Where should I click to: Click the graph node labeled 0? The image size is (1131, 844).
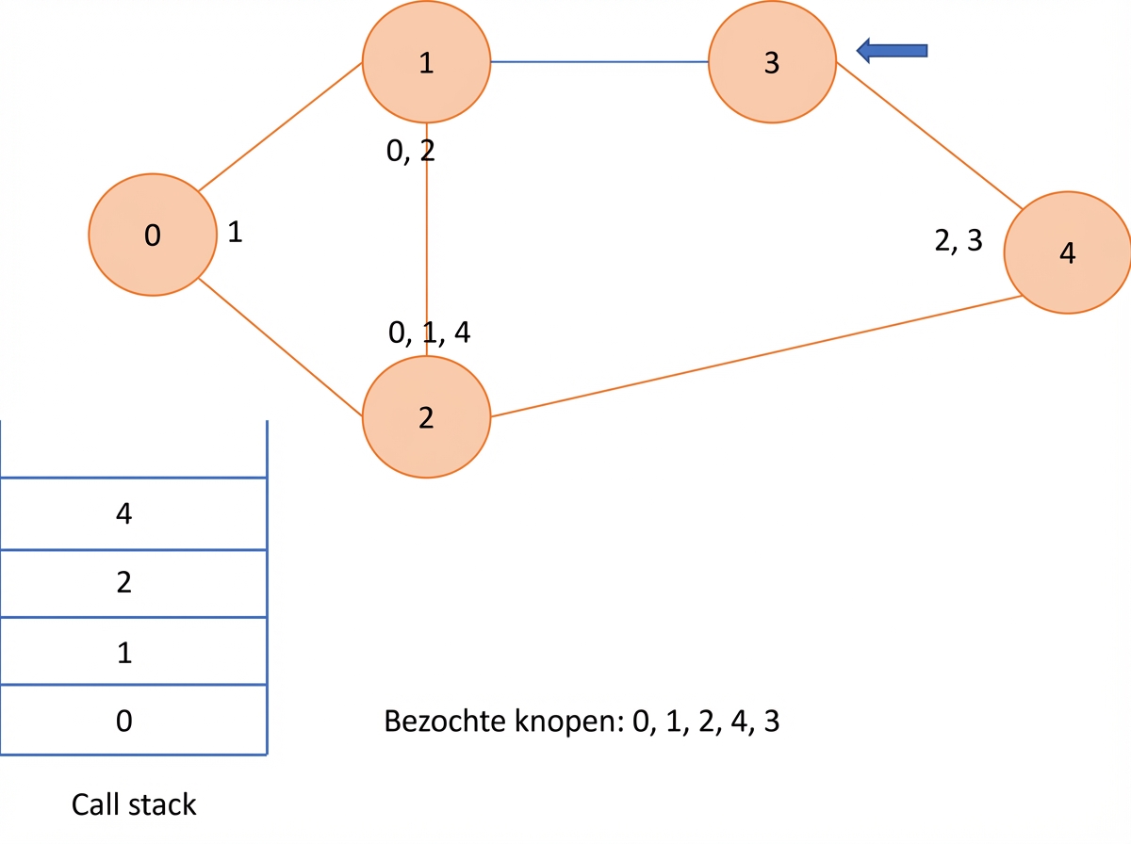pyautogui.click(x=153, y=235)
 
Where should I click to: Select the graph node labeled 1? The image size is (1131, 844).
pyautogui.click(x=426, y=62)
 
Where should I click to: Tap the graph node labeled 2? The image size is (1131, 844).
pyautogui.click(x=426, y=417)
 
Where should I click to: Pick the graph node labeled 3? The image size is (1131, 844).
pyautogui.click(x=772, y=62)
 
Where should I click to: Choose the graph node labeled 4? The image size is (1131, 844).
pyautogui.click(x=1068, y=252)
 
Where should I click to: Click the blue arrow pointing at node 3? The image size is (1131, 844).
pyautogui.click(x=892, y=51)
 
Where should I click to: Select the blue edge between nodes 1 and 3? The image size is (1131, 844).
pyautogui.click(x=599, y=62)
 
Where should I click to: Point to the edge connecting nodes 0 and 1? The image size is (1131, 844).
pyautogui.click(x=280, y=127)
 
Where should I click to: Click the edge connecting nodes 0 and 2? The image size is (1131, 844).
pyautogui.click(x=280, y=347)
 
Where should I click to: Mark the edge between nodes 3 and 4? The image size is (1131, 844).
pyautogui.click(x=929, y=136)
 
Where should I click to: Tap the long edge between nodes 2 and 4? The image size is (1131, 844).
pyautogui.click(x=757, y=356)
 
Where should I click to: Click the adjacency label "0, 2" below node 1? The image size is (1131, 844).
pyautogui.click(x=411, y=152)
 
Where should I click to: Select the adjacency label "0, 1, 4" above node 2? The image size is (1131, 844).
pyautogui.click(x=429, y=333)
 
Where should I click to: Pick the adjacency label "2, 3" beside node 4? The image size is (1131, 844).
pyautogui.click(x=959, y=240)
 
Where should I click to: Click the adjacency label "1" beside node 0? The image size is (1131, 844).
pyautogui.click(x=235, y=232)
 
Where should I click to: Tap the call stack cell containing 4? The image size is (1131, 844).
pyautogui.click(x=134, y=514)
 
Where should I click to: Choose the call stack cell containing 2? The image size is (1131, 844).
pyautogui.click(x=134, y=583)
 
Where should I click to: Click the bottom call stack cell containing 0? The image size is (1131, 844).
pyautogui.click(x=134, y=720)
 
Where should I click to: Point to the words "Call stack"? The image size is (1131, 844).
pyautogui.click(x=134, y=804)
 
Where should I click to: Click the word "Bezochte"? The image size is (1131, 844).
pyautogui.click(x=446, y=721)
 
